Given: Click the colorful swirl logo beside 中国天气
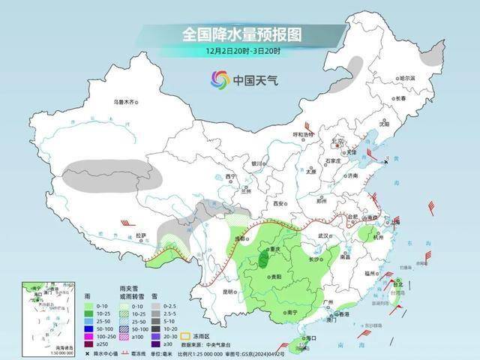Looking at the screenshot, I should click(x=220, y=79).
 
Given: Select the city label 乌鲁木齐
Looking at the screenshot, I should click(x=126, y=101).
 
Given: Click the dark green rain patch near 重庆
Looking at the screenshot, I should click(x=263, y=261).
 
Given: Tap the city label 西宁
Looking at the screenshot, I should click(x=231, y=177).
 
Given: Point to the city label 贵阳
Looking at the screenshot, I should click(x=275, y=277).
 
